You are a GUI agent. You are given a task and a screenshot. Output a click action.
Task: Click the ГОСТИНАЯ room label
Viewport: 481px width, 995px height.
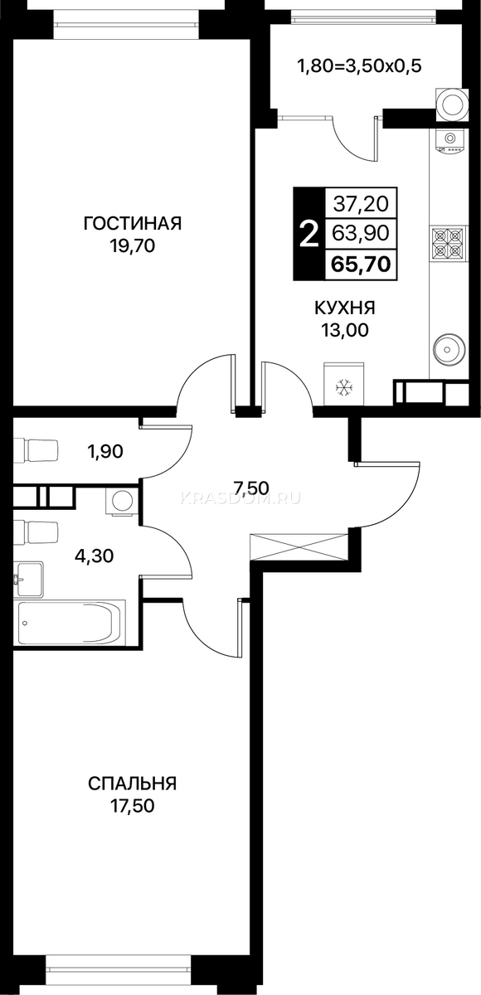click(x=133, y=223)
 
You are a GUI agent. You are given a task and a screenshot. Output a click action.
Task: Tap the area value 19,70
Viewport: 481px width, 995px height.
click(x=133, y=245)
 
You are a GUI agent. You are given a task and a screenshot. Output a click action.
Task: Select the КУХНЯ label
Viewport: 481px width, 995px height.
click(x=345, y=308)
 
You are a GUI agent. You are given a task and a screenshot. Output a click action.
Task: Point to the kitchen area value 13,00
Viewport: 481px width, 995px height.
click(x=345, y=330)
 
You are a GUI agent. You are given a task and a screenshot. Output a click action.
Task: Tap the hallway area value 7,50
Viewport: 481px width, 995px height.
click(x=251, y=488)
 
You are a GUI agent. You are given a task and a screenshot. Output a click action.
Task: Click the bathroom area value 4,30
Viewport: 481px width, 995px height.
click(x=95, y=556)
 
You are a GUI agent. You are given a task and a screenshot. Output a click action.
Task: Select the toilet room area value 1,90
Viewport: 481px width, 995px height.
click(x=105, y=452)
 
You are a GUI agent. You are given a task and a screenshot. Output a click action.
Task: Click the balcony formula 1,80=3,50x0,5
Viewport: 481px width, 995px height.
click(x=359, y=66)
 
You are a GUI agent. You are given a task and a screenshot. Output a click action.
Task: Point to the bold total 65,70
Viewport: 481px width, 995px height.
click(x=361, y=265)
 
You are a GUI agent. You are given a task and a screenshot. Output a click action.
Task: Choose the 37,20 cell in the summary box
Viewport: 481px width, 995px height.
click(x=361, y=204)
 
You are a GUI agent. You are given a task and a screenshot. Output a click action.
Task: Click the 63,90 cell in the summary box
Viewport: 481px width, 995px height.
click(x=361, y=233)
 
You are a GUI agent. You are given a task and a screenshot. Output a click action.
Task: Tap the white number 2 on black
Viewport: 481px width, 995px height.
click(x=309, y=234)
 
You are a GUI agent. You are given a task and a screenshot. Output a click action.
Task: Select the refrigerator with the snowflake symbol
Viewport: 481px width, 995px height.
click(x=344, y=384)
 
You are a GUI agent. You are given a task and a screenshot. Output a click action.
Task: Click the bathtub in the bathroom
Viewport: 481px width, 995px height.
click(x=71, y=623)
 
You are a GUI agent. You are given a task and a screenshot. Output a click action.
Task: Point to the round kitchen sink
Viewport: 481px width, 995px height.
click(x=449, y=347)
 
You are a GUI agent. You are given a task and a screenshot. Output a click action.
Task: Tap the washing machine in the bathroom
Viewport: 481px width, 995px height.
click(x=122, y=501)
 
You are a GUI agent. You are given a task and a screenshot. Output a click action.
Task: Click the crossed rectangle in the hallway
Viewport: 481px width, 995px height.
click(x=299, y=546)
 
